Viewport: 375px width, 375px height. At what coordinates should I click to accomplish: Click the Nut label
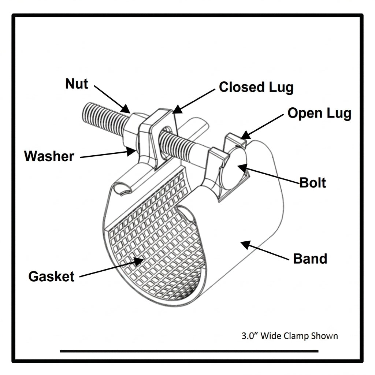tap(77, 84)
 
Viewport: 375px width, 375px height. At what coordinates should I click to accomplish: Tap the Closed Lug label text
tap(256, 88)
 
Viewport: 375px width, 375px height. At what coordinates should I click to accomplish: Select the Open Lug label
tap(319, 114)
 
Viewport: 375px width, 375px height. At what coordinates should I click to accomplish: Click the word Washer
tap(49, 156)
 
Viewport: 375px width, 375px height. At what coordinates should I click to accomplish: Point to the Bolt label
tap(313, 183)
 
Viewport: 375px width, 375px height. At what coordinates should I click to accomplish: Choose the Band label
tap(310, 259)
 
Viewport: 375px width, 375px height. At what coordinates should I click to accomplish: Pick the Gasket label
tap(51, 277)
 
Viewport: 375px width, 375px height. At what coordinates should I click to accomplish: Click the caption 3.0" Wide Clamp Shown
tap(290, 336)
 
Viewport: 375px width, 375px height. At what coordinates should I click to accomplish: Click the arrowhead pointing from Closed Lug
tap(178, 109)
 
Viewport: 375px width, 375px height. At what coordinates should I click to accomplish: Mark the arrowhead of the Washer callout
tap(131, 151)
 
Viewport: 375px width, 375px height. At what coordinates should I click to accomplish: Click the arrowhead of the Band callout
tap(246, 245)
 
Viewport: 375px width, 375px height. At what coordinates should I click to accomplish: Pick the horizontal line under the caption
tap(189, 351)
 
